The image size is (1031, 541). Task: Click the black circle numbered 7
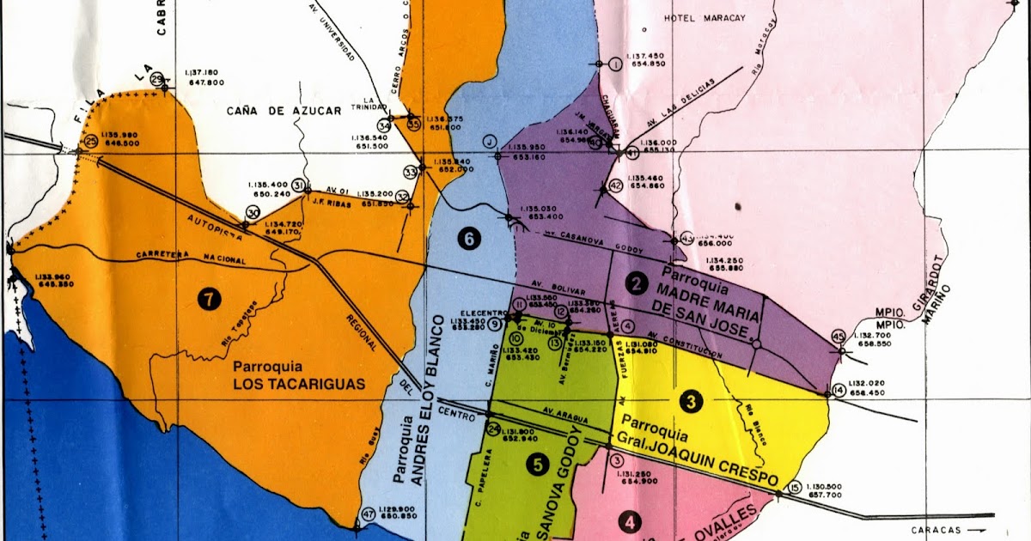click(209, 298)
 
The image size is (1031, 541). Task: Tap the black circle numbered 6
click(468, 240)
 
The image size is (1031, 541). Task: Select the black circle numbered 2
click(637, 283)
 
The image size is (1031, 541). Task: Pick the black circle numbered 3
click(689, 400)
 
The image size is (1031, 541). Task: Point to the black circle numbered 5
click(538, 465)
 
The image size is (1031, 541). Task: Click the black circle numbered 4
click(631, 521)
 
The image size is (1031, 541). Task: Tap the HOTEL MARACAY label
click(700, 17)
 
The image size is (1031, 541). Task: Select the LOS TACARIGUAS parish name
click(300, 384)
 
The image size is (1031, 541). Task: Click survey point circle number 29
click(157, 80)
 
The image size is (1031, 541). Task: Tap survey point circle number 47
click(369, 514)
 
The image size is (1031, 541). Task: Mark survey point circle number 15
click(794, 486)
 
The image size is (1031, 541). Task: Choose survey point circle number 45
click(839, 336)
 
